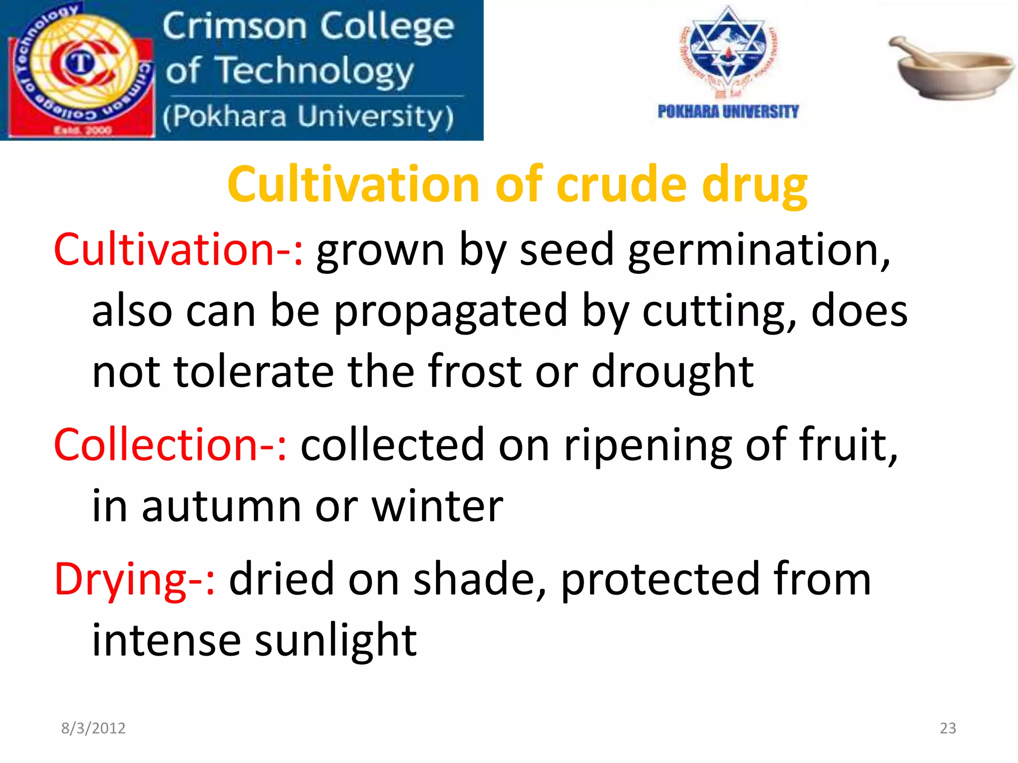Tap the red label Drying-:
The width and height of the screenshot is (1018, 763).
pyautogui.click(x=135, y=579)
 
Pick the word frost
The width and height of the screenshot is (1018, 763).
pyautogui.click(x=475, y=371)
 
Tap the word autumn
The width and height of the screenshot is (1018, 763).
pyautogui.click(x=222, y=507)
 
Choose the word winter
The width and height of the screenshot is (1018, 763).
pyautogui.click(x=437, y=507)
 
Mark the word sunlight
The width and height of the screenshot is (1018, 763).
pyautogui.click(x=336, y=641)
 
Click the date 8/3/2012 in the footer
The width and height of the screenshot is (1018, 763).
pyautogui.click(x=93, y=728)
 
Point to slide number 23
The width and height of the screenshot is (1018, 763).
pyautogui.click(x=948, y=728)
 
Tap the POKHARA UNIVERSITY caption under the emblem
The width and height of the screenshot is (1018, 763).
pyautogui.click(x=728, y=112)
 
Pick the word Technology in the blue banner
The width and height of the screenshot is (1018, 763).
pyautogui.click(x=316, y=71)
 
